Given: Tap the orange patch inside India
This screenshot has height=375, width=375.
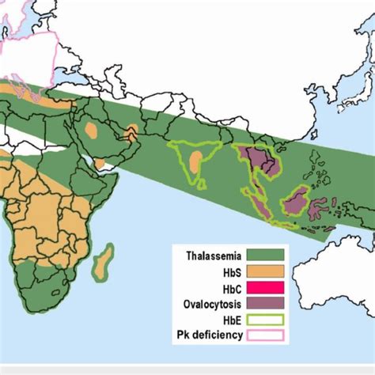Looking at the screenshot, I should [x=195, y=163].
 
